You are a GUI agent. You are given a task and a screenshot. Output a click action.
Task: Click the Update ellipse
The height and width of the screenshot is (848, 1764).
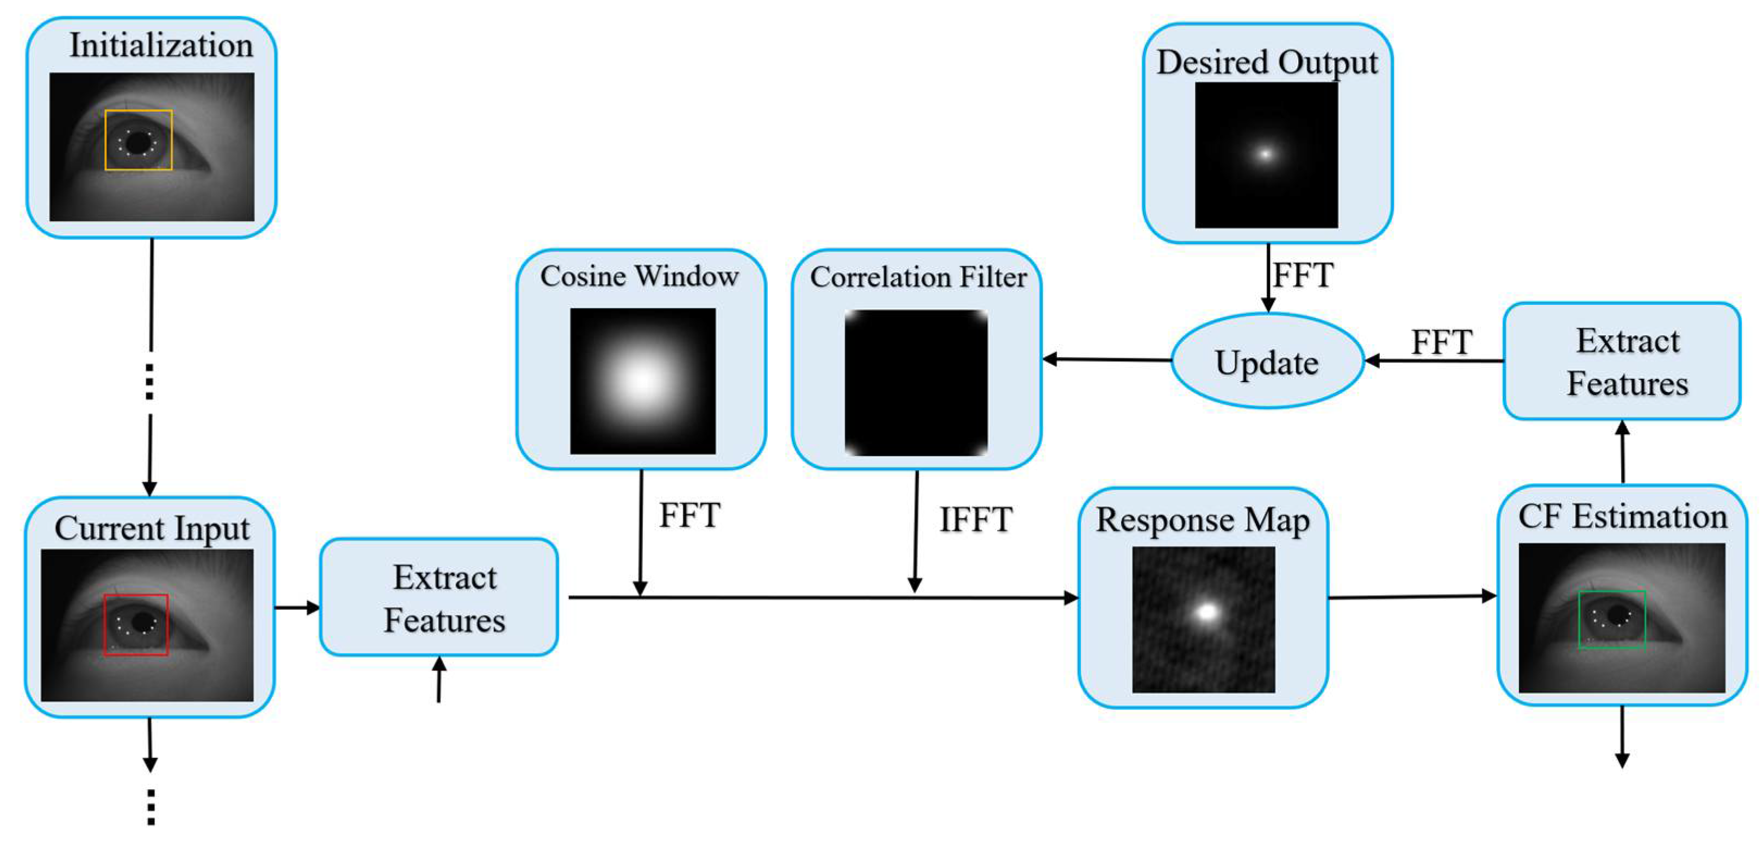tap(1267, 361)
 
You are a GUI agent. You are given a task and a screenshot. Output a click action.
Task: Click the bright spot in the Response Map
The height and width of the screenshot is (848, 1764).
tap(1206, 611)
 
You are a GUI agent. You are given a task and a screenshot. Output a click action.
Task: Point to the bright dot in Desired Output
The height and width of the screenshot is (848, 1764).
tap(1266, 154)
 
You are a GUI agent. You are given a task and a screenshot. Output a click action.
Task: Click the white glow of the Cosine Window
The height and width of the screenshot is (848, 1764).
tap(642, 381)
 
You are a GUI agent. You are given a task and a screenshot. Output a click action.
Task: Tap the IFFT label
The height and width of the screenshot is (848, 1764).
tap(975, 519)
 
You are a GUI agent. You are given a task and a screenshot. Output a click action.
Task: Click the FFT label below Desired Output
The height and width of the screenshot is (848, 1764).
tap(1303, 276)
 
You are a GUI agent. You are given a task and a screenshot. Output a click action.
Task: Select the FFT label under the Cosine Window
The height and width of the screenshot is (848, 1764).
tap(689, 515)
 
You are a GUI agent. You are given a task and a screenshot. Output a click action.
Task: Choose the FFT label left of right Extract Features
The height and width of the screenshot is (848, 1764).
tap(1441, 342)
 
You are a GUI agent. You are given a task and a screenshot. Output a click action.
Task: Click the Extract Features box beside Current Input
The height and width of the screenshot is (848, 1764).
tap(440, 597)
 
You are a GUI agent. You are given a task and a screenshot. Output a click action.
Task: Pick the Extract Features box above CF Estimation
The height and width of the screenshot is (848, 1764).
tap(1622, 361)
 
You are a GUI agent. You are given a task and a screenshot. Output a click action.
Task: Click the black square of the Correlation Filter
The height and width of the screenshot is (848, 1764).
tap(916, 382)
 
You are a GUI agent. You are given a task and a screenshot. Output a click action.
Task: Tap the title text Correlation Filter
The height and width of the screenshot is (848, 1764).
tap(918, 277)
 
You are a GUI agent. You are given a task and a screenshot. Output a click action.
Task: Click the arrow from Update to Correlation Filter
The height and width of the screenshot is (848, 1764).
tap(1106, 359)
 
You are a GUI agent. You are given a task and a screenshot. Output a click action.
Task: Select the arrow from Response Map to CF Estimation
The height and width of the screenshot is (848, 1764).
tap(1411, 597)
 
